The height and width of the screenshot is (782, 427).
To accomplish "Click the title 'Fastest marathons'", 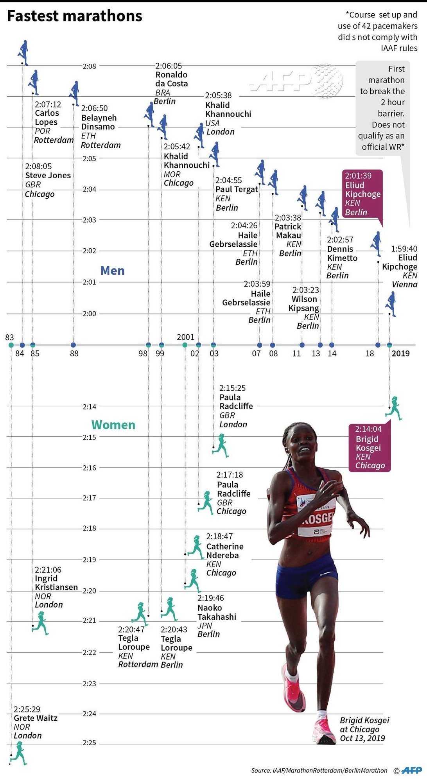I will [75, 16].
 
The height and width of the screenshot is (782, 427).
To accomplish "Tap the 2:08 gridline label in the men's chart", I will [89, 66].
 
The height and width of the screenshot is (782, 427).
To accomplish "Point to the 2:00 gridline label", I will [89, 314].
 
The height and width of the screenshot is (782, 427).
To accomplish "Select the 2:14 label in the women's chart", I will [89, 407].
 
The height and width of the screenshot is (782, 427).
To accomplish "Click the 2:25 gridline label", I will [89, 743].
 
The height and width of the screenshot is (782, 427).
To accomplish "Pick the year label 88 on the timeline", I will [74, 353].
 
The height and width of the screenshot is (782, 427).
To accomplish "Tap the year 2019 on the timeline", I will [400, 353].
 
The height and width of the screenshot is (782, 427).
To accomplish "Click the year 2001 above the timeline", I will [185, 337].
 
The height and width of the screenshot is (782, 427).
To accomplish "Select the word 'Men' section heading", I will [113, 271].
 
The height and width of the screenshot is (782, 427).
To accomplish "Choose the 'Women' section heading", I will [113, 425].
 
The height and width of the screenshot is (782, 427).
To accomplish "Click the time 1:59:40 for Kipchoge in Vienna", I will [404, 249].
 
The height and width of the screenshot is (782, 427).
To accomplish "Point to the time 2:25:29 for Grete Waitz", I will [27, 709].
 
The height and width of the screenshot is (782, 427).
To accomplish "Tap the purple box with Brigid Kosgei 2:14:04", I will [370, 447].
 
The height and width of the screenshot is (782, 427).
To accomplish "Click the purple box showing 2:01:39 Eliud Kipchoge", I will [362, 194].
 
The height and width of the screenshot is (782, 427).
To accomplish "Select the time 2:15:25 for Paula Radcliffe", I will [232, 388].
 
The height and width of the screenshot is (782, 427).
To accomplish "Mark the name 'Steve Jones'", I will [48, 175].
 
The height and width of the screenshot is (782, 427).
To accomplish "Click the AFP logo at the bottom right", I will [412, 771].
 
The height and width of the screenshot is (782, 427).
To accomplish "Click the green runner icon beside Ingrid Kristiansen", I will [40, 622].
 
